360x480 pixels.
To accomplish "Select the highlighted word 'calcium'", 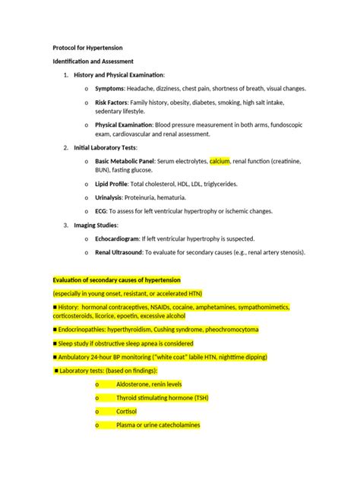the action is (x=219, y=161).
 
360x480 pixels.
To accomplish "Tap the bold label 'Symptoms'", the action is (x=111, y=88).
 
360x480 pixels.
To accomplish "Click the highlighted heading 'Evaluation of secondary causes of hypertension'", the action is (x=116, y=280).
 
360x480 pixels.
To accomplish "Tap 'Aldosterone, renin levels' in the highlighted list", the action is (x=149, y=384).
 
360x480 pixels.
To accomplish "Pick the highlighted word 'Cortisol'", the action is (x=128, y=412).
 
